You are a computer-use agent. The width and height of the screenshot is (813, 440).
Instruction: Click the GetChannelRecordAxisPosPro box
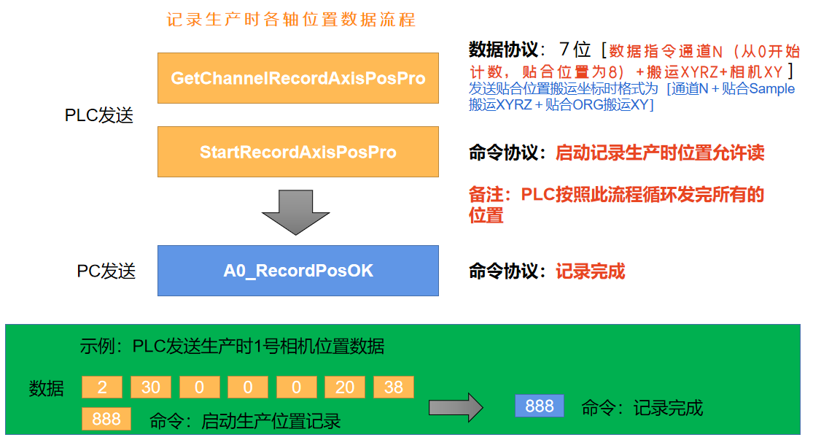tap(297, 78)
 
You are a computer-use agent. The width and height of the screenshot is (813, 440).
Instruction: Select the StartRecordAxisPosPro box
tap(297, 152)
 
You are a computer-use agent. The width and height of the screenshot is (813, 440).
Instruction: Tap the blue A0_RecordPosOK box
tap(297, 271)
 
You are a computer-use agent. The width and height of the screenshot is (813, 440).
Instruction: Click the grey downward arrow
tap(296, 212)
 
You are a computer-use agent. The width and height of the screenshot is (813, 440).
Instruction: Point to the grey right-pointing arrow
tap(456, 407)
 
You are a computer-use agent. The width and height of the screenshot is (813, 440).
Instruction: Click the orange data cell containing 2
tap(101, 387)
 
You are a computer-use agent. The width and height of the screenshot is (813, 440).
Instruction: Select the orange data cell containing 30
tap(150, 387)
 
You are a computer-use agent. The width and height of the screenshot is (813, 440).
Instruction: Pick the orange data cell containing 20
tap(345, 387)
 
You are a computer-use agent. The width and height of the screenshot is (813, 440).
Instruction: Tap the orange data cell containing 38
tap(393, 387)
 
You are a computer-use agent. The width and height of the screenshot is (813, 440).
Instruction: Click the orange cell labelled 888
tap(106, 419)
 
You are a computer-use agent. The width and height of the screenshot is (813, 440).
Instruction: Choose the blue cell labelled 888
tap(539, 406)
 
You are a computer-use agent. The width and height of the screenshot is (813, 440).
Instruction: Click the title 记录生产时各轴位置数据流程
tap(291, 19)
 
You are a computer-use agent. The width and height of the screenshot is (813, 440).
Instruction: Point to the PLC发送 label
tap(99, 116)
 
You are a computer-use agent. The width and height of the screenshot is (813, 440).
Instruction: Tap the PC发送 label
tap(106, 271)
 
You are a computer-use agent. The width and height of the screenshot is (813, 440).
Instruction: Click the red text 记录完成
tap(590, 271)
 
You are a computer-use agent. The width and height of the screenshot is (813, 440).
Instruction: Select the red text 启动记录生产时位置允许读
tap(659, 153)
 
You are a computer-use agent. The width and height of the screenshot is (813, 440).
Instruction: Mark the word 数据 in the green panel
tap(46, 388)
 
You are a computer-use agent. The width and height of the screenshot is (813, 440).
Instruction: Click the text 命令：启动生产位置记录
tap(245, 421)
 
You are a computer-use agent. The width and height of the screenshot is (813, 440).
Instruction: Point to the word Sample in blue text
tap(772, 90)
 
